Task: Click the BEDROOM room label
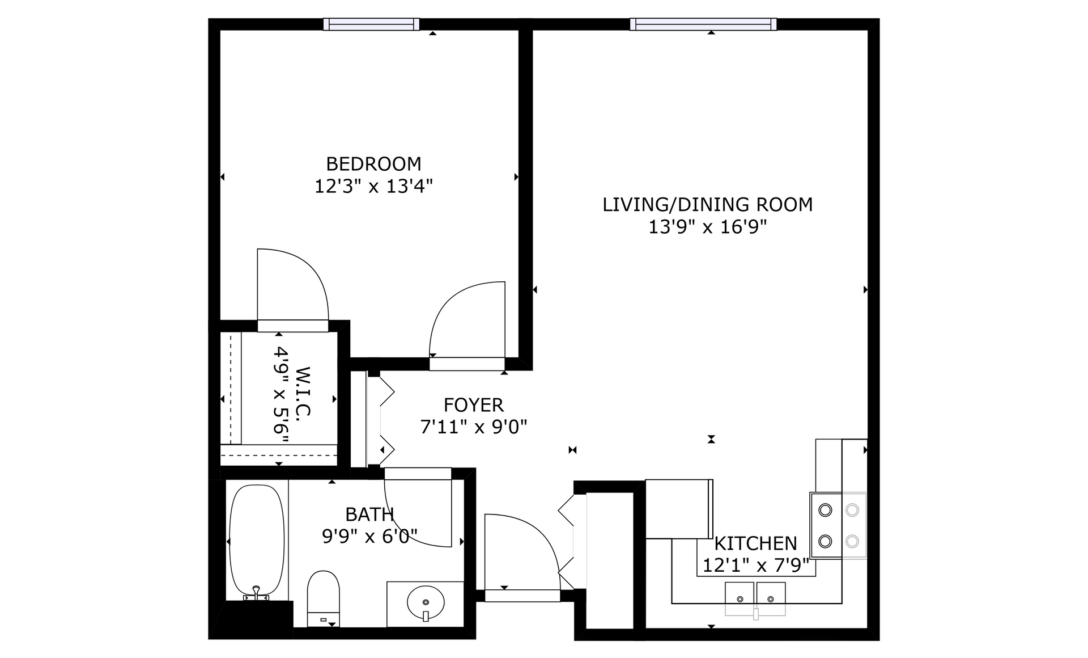[x=373, y=164]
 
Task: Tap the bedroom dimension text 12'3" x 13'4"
[x=373, y=186]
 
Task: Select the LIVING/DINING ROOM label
[x=707, y=205]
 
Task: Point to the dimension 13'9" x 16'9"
[x=707, y=227]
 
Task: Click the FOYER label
[x=473, y=405]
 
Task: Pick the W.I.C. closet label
[x=304, y=391]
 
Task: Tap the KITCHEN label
[x=755, y=543]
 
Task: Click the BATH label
[x=369, y=514]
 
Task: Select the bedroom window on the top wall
[x=372, y=24]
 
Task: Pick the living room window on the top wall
[x=703, y=24]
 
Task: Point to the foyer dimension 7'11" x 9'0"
[x=473, y=427]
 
